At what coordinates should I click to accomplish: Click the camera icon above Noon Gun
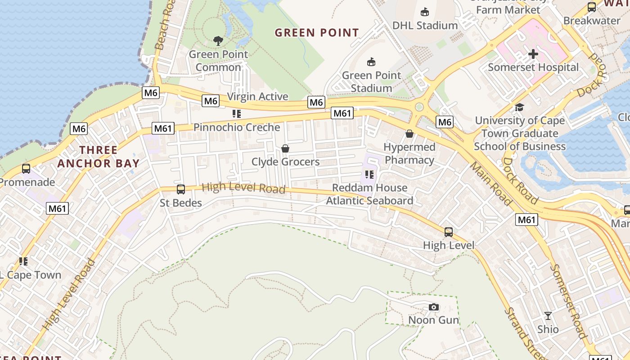click(x=434, y=307)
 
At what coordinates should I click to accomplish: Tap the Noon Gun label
click(x=433, y=320)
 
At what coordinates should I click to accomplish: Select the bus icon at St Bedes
click(x=181, y=189)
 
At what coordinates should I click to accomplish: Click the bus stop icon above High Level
click(x=449, y=232)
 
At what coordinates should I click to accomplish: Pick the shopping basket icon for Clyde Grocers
click(x=285, y=148)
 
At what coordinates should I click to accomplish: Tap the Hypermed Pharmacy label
click(x=409, y=153)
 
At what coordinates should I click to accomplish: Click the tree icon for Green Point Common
click(x=218, y=41)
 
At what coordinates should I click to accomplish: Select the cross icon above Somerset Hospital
click(x=533, y=54)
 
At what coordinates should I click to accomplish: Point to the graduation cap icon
click(x=520, y=107)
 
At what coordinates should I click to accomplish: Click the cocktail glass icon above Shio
click(x=548, y=316)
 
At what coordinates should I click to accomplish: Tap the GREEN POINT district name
click(x=317, y=32)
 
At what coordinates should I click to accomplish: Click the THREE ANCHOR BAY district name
click(x=99, y=157)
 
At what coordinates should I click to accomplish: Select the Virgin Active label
click(x=257, y=96)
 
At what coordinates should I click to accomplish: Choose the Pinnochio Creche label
click(x=237, y=127)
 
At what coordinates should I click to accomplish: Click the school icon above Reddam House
click(x=369, y=175)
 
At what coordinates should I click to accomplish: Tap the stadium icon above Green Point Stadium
click(x=371, y=62)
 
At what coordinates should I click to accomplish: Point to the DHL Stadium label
click(x=425, y=25)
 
